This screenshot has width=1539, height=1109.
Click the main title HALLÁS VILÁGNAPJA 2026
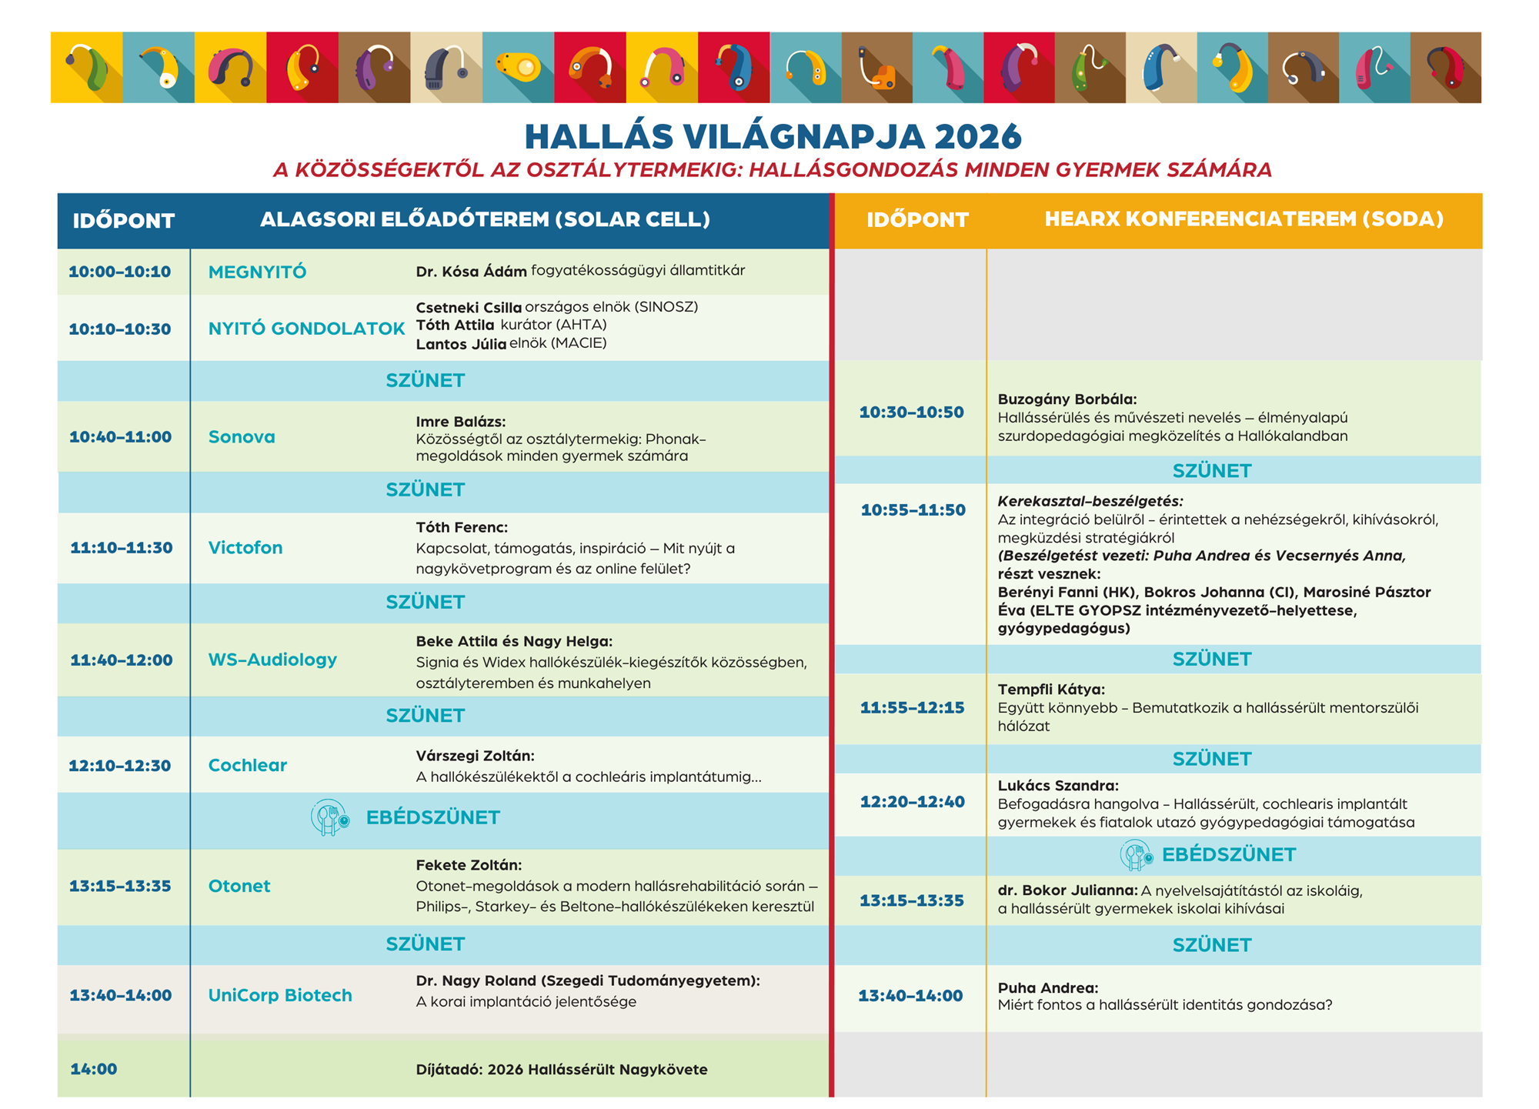773,137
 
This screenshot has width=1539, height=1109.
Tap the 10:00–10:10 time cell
120,272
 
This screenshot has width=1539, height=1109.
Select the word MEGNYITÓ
257,272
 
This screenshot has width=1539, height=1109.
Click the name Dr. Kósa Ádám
471,271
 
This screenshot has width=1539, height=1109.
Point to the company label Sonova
242,436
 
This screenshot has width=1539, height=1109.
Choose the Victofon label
245,547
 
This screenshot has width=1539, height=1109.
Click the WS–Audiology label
272,660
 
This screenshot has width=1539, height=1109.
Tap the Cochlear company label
247,765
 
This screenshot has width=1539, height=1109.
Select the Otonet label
239,886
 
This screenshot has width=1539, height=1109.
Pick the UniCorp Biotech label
280,995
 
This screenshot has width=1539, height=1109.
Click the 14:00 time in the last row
94,1069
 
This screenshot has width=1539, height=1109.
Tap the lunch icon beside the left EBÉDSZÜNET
330,818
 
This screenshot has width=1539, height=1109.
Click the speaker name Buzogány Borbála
1067,399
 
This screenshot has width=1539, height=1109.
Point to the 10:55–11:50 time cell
913,510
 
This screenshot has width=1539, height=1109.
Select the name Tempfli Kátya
1051,690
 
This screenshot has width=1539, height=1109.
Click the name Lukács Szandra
1058,786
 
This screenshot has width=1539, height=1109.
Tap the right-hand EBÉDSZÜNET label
1228,855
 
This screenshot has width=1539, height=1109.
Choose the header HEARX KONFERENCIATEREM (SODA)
1244,219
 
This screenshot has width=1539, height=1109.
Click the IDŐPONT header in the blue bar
124,221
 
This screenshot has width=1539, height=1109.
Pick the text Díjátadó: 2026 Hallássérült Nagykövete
561,1069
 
